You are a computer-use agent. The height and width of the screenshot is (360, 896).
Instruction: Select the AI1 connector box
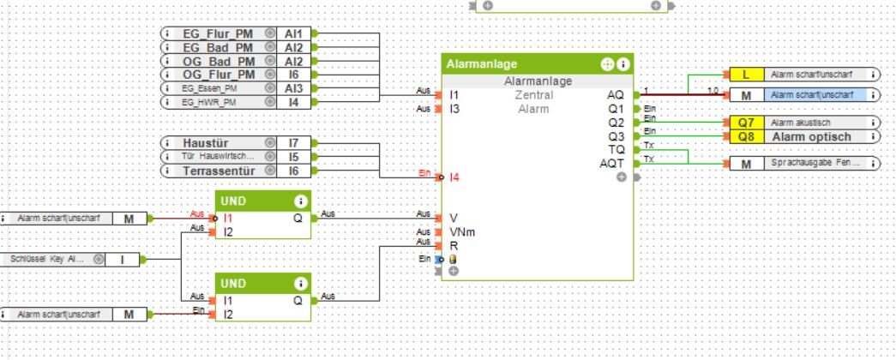(293, 33)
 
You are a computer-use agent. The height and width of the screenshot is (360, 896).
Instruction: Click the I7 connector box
(293, 142)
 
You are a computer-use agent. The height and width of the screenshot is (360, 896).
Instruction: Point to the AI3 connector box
(293, 89)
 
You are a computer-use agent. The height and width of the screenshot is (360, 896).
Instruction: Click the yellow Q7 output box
(746, 123)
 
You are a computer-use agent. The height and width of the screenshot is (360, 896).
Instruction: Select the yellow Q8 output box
(746, 136)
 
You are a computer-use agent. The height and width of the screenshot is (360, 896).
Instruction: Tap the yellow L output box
(746, 75)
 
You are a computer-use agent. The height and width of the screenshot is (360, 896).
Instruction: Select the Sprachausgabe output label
(811, 163)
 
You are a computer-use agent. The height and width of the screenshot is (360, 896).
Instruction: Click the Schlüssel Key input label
(49, 258)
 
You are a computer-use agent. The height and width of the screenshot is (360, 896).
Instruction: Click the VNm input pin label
(458, 231)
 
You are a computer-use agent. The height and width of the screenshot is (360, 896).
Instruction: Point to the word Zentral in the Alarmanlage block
(533, 95)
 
